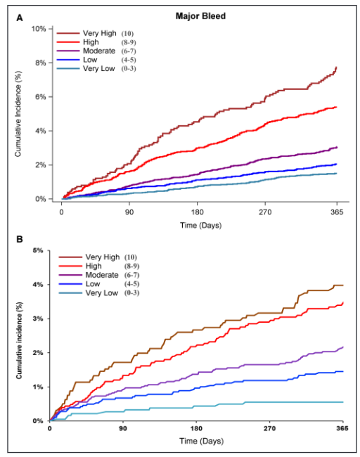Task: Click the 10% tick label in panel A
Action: tap(37, 29)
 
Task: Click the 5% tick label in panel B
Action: tap(39, 250)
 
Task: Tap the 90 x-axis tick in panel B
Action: tap(123, 428)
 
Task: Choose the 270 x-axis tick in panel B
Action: tap(269, 428)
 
